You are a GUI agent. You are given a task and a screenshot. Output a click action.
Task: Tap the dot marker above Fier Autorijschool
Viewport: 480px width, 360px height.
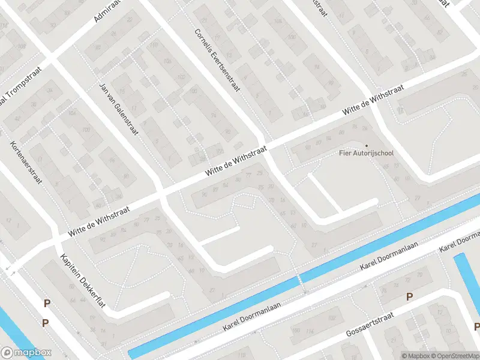click(x=366, y=145)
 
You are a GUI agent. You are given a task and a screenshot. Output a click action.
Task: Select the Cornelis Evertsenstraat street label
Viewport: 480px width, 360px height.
click(x=217, y=61)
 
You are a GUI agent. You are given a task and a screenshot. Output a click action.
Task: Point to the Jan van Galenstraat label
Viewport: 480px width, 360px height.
click(x=118, y=108)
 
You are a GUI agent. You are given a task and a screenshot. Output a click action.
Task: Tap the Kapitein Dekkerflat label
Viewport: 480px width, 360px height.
click(x=83, y=281)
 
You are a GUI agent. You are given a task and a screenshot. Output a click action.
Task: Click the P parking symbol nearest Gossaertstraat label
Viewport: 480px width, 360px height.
click(x=410, y=296)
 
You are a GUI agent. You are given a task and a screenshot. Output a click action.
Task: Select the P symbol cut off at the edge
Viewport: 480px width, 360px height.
click(x=477, y=326)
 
